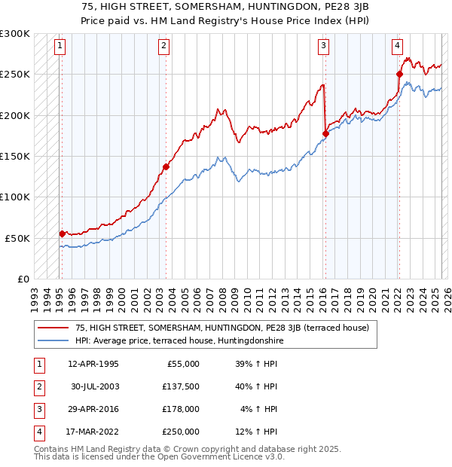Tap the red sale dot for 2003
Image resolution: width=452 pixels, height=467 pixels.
point(165,166)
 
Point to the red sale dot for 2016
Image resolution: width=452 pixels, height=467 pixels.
point(325,134)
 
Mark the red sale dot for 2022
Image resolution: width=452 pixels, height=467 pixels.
point(399,74)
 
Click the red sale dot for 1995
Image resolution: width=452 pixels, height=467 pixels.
point(62,233)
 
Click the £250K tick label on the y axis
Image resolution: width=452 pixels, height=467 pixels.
point(14,75)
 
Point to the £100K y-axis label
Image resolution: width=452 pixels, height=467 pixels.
point(14,197)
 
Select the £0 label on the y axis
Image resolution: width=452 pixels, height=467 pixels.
point(21,279)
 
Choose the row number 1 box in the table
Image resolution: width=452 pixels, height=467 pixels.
point(38,364)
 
